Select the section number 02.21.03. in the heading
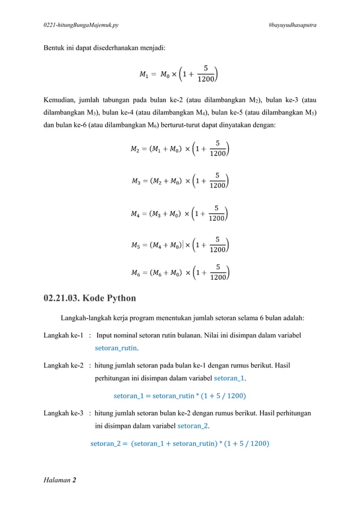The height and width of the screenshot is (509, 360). click(x=69, y=297)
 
